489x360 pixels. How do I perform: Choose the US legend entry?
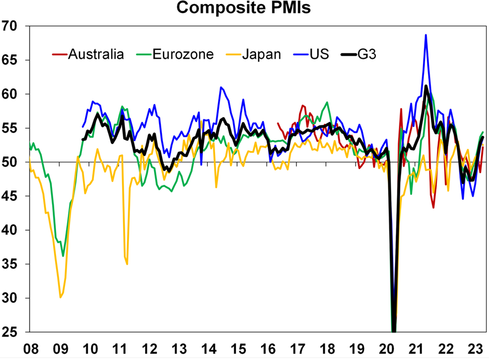tap(320, 54)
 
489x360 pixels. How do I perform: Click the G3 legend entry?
tap(371, 54)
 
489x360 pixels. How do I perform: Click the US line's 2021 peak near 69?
tap(426, 35)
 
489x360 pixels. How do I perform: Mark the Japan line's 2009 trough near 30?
tap(60, 297)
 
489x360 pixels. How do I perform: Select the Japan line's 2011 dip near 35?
tap(127, 264)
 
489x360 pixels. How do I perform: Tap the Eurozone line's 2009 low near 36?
tap(63, 256)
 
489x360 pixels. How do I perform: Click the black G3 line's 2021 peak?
tap(426, 86)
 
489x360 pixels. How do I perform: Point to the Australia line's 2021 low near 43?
tap(434, 207)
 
